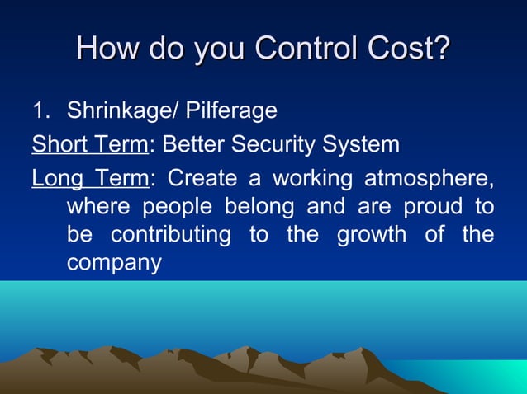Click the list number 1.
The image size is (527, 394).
(40, 110)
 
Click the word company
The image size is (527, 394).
(113, 264)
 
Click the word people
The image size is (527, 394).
(170, 205)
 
